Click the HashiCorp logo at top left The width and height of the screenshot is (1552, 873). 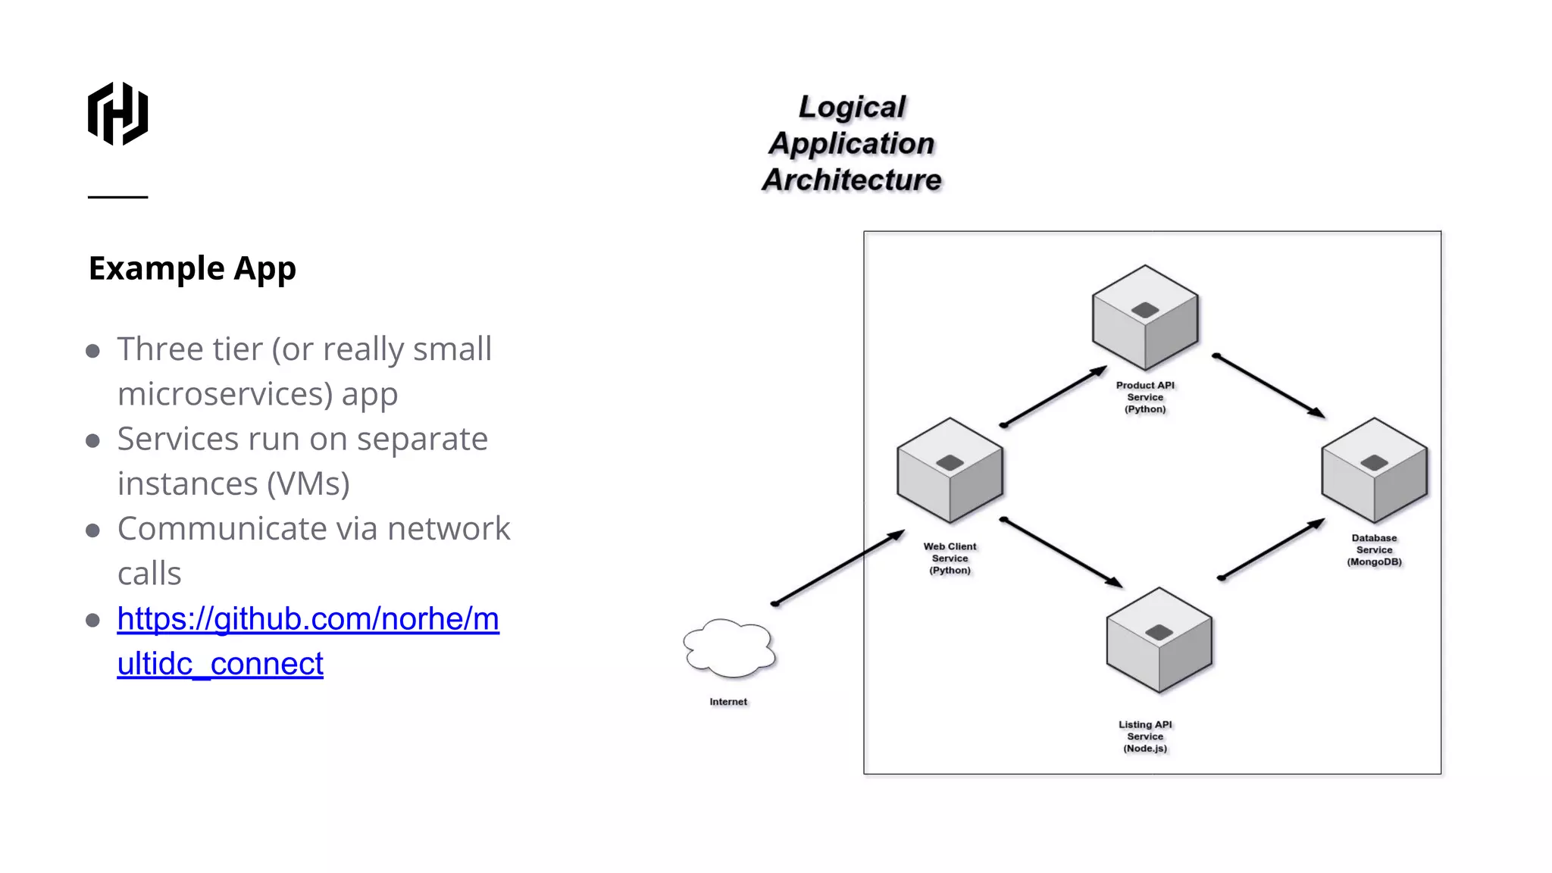[x=117, y=114]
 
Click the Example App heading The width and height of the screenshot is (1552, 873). [x=192, y=268]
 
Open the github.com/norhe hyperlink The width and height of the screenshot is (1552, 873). [x=308, y=619]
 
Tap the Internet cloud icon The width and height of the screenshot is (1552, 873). [x=729, y=649]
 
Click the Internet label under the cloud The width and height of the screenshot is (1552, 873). [x=728, y=702]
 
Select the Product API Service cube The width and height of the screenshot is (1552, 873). [x=1144, y=318]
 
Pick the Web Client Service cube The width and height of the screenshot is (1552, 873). [x=950, y=471]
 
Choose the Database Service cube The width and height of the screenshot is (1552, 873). [x=1374, y=471]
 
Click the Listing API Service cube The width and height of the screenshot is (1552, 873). [x=1159, y=640]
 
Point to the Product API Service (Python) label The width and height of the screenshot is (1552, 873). [x=1145, y=397]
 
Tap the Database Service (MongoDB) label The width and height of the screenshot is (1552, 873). [x=1374, y=550]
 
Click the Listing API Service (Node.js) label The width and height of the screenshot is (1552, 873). [x=1145, y=737]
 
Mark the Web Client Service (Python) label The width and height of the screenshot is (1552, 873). [x=950, y=559]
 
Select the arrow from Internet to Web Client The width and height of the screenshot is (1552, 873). [x=838, y=568]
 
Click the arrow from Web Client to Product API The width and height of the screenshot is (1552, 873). [x=1054, y=396]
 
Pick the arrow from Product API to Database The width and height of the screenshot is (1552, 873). [x=1269, y=386]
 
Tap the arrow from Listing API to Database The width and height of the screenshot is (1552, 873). [x=1271, y=549]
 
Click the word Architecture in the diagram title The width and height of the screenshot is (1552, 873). [x=852, y=180]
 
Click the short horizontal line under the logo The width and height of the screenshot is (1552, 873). [x=117, y=197]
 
